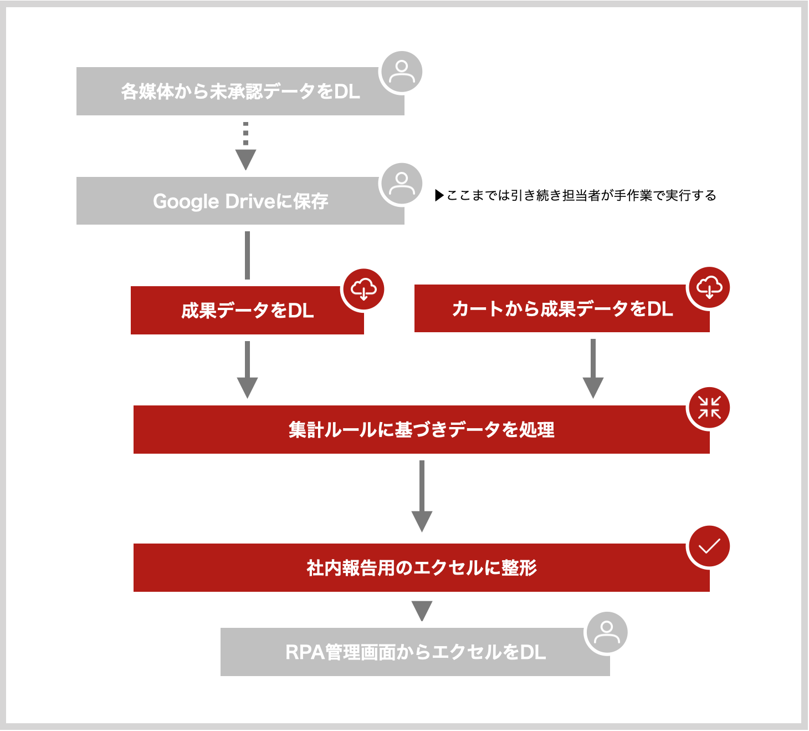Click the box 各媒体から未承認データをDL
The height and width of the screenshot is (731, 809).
point(240,92)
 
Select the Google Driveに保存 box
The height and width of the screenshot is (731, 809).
point(240,201)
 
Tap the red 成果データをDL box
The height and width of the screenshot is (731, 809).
point(247,310)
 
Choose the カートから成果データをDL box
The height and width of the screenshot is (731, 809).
point(562,308)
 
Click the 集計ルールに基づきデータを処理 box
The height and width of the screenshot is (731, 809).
point(422,429)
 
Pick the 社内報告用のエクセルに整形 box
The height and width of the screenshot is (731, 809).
point(422,567)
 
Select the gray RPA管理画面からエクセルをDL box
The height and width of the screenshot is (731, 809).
point(415,652)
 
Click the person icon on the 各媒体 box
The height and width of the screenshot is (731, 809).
point(402,72)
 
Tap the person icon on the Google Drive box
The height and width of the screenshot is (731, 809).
point(402,184)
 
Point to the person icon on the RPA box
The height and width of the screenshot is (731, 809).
point(607,632)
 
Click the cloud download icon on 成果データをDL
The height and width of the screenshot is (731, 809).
point(363,289)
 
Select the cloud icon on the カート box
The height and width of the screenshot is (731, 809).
point(709,287)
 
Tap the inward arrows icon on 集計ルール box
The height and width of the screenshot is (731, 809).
point(709,408)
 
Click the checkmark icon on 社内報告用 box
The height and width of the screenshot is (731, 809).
point(709,546)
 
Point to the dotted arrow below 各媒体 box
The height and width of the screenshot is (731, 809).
point(245,146)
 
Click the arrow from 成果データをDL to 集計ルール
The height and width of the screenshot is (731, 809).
point(247,370)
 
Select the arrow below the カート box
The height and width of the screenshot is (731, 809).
point(593,369)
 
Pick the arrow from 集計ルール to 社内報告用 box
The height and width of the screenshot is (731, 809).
point(422,496)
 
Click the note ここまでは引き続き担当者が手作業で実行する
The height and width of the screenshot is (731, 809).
point(576,195)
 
